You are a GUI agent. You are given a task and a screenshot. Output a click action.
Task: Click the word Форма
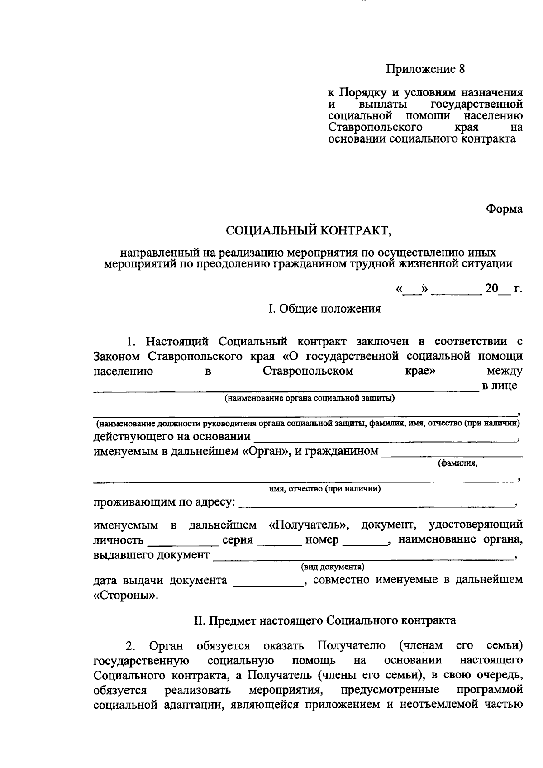coord(504,209)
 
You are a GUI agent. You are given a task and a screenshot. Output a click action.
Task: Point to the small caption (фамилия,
coord(457,463)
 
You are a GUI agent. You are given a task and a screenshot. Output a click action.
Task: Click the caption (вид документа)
coord(333,566)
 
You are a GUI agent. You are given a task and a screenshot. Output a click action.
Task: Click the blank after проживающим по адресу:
coord(376,503)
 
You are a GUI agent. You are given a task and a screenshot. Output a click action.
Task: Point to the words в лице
coord(500,386)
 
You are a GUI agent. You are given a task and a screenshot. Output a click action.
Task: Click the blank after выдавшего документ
coord(362,556)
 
